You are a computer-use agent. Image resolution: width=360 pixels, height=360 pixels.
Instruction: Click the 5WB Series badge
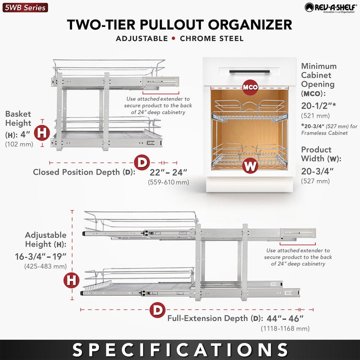(24, 7)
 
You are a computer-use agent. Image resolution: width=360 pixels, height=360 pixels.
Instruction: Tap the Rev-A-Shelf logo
(329, 7)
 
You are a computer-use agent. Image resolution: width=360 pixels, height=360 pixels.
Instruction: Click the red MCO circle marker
(250, 87)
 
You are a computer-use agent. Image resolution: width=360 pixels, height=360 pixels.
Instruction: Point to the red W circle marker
(250, 165)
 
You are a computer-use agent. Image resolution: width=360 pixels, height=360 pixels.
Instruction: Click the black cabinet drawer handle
(249, 71)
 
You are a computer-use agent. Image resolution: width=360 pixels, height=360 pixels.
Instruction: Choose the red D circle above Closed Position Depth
(142, 162)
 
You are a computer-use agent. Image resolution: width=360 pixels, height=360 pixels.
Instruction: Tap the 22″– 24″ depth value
(168, 172)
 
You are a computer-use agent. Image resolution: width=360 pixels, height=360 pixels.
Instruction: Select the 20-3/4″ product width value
(317, 171)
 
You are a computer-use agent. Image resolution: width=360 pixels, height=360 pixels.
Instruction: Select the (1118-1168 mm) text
(285, 328)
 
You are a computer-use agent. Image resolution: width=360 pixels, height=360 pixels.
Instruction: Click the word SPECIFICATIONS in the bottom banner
(180, 349)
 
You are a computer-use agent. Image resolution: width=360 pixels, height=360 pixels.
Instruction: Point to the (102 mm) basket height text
(18, 144)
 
